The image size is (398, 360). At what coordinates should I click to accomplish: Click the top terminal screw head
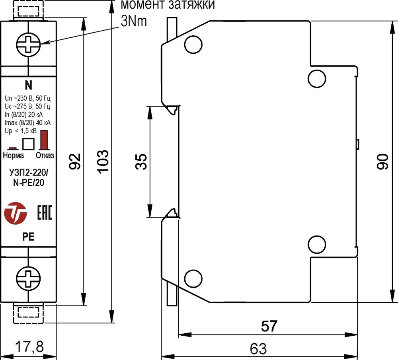click(x=28, y=44)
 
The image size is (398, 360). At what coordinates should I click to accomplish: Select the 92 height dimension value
click(x=76, y=162)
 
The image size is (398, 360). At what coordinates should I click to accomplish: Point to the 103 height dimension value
click(x=102, y=162)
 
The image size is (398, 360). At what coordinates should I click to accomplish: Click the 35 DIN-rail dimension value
click(x=142, y=162)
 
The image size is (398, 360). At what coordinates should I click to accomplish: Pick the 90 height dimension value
click(x=382, y=162)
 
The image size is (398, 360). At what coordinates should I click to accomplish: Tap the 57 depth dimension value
click(x=269, y=326)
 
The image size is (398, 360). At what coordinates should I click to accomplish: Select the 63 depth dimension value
click(x=258, y=348)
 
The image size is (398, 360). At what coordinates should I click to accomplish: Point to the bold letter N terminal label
click(x=28, y=85)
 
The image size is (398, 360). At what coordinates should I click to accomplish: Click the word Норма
click(x=13, y=155)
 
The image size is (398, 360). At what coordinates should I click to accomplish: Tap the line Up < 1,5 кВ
click(x=21, y=130)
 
